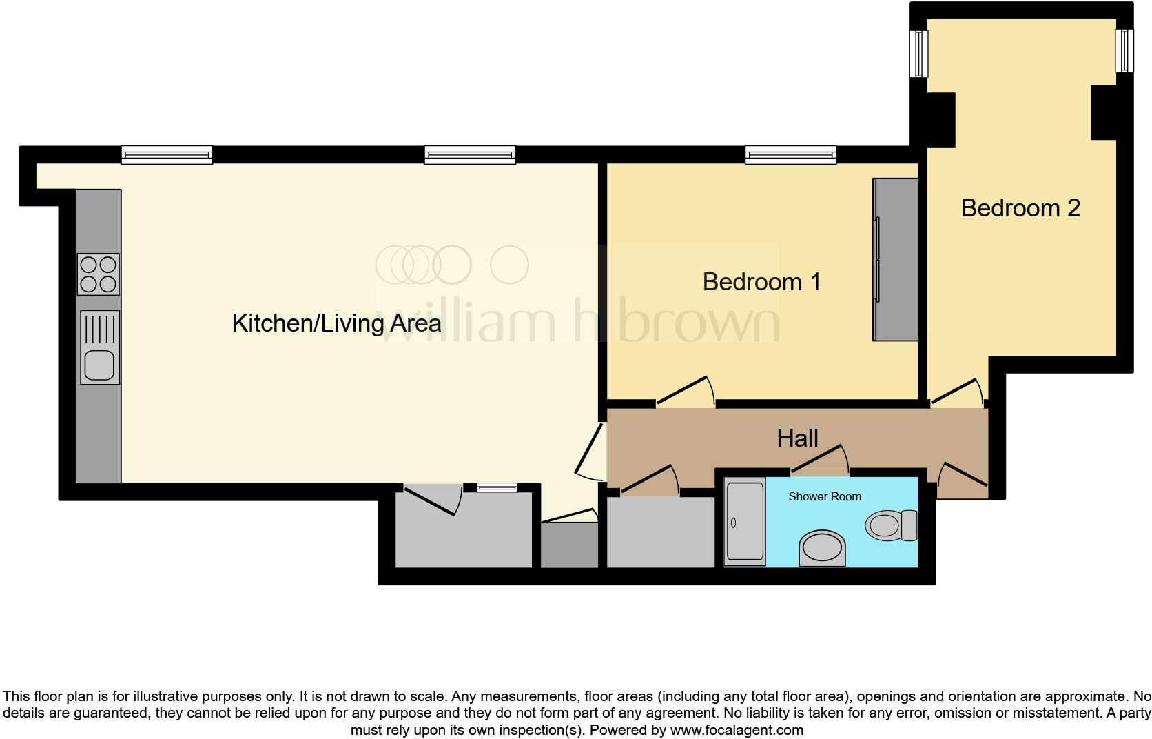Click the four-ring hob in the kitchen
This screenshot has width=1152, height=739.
click(x=98, y=274)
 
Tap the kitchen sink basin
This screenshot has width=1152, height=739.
click(x=99, y=365)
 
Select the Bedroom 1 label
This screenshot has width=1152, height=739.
click(x=761, y=281)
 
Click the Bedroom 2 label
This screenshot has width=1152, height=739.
click(x=1020, y=207)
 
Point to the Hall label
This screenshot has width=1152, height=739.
click(x=797, y=438)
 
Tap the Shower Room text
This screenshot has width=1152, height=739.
click(x=825, y=496)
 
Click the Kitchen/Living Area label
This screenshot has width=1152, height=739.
click(x=336, y=323)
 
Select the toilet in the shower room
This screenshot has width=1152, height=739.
click(x=890, y=525)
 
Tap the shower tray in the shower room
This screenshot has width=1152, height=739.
click(x=745, y=521)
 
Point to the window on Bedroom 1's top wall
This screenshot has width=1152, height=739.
click(x=790, y=155)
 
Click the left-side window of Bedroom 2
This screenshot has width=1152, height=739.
click(x=918, y=54)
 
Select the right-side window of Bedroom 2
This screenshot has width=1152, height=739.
click(x=1124, y=50)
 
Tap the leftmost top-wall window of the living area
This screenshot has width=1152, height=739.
click(x=167, y=155)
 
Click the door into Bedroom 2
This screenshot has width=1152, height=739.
click(x=957, y=392)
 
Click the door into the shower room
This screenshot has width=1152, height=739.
click(x=820, y=460)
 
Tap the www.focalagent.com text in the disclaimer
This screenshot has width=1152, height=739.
click(x=737, y=729)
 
